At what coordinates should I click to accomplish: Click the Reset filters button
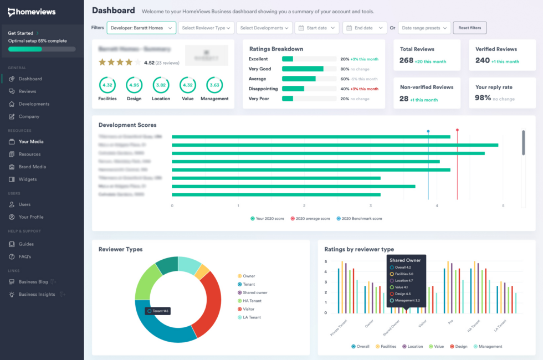point(470,28)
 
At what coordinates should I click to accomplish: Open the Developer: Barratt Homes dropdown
point(141,28)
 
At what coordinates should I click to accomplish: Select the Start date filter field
point(316,28)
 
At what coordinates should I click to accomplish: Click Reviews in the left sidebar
point(27,91)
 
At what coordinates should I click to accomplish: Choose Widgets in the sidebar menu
point(28,179)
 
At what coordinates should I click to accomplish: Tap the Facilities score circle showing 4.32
point(107,85)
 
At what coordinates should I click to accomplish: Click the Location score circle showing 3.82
point(161,85)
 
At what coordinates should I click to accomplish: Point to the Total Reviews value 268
point(407,60)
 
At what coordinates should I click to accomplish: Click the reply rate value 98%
point(483,98)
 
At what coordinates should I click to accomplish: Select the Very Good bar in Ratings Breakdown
point(303,69)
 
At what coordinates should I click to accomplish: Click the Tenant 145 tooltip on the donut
point(158,311)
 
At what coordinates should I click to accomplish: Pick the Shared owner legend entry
point(255,292)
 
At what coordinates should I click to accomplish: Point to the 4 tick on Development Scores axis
point(437,205)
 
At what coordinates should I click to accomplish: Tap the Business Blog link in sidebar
point(33,282)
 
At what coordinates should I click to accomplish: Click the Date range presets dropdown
point(424,28)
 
